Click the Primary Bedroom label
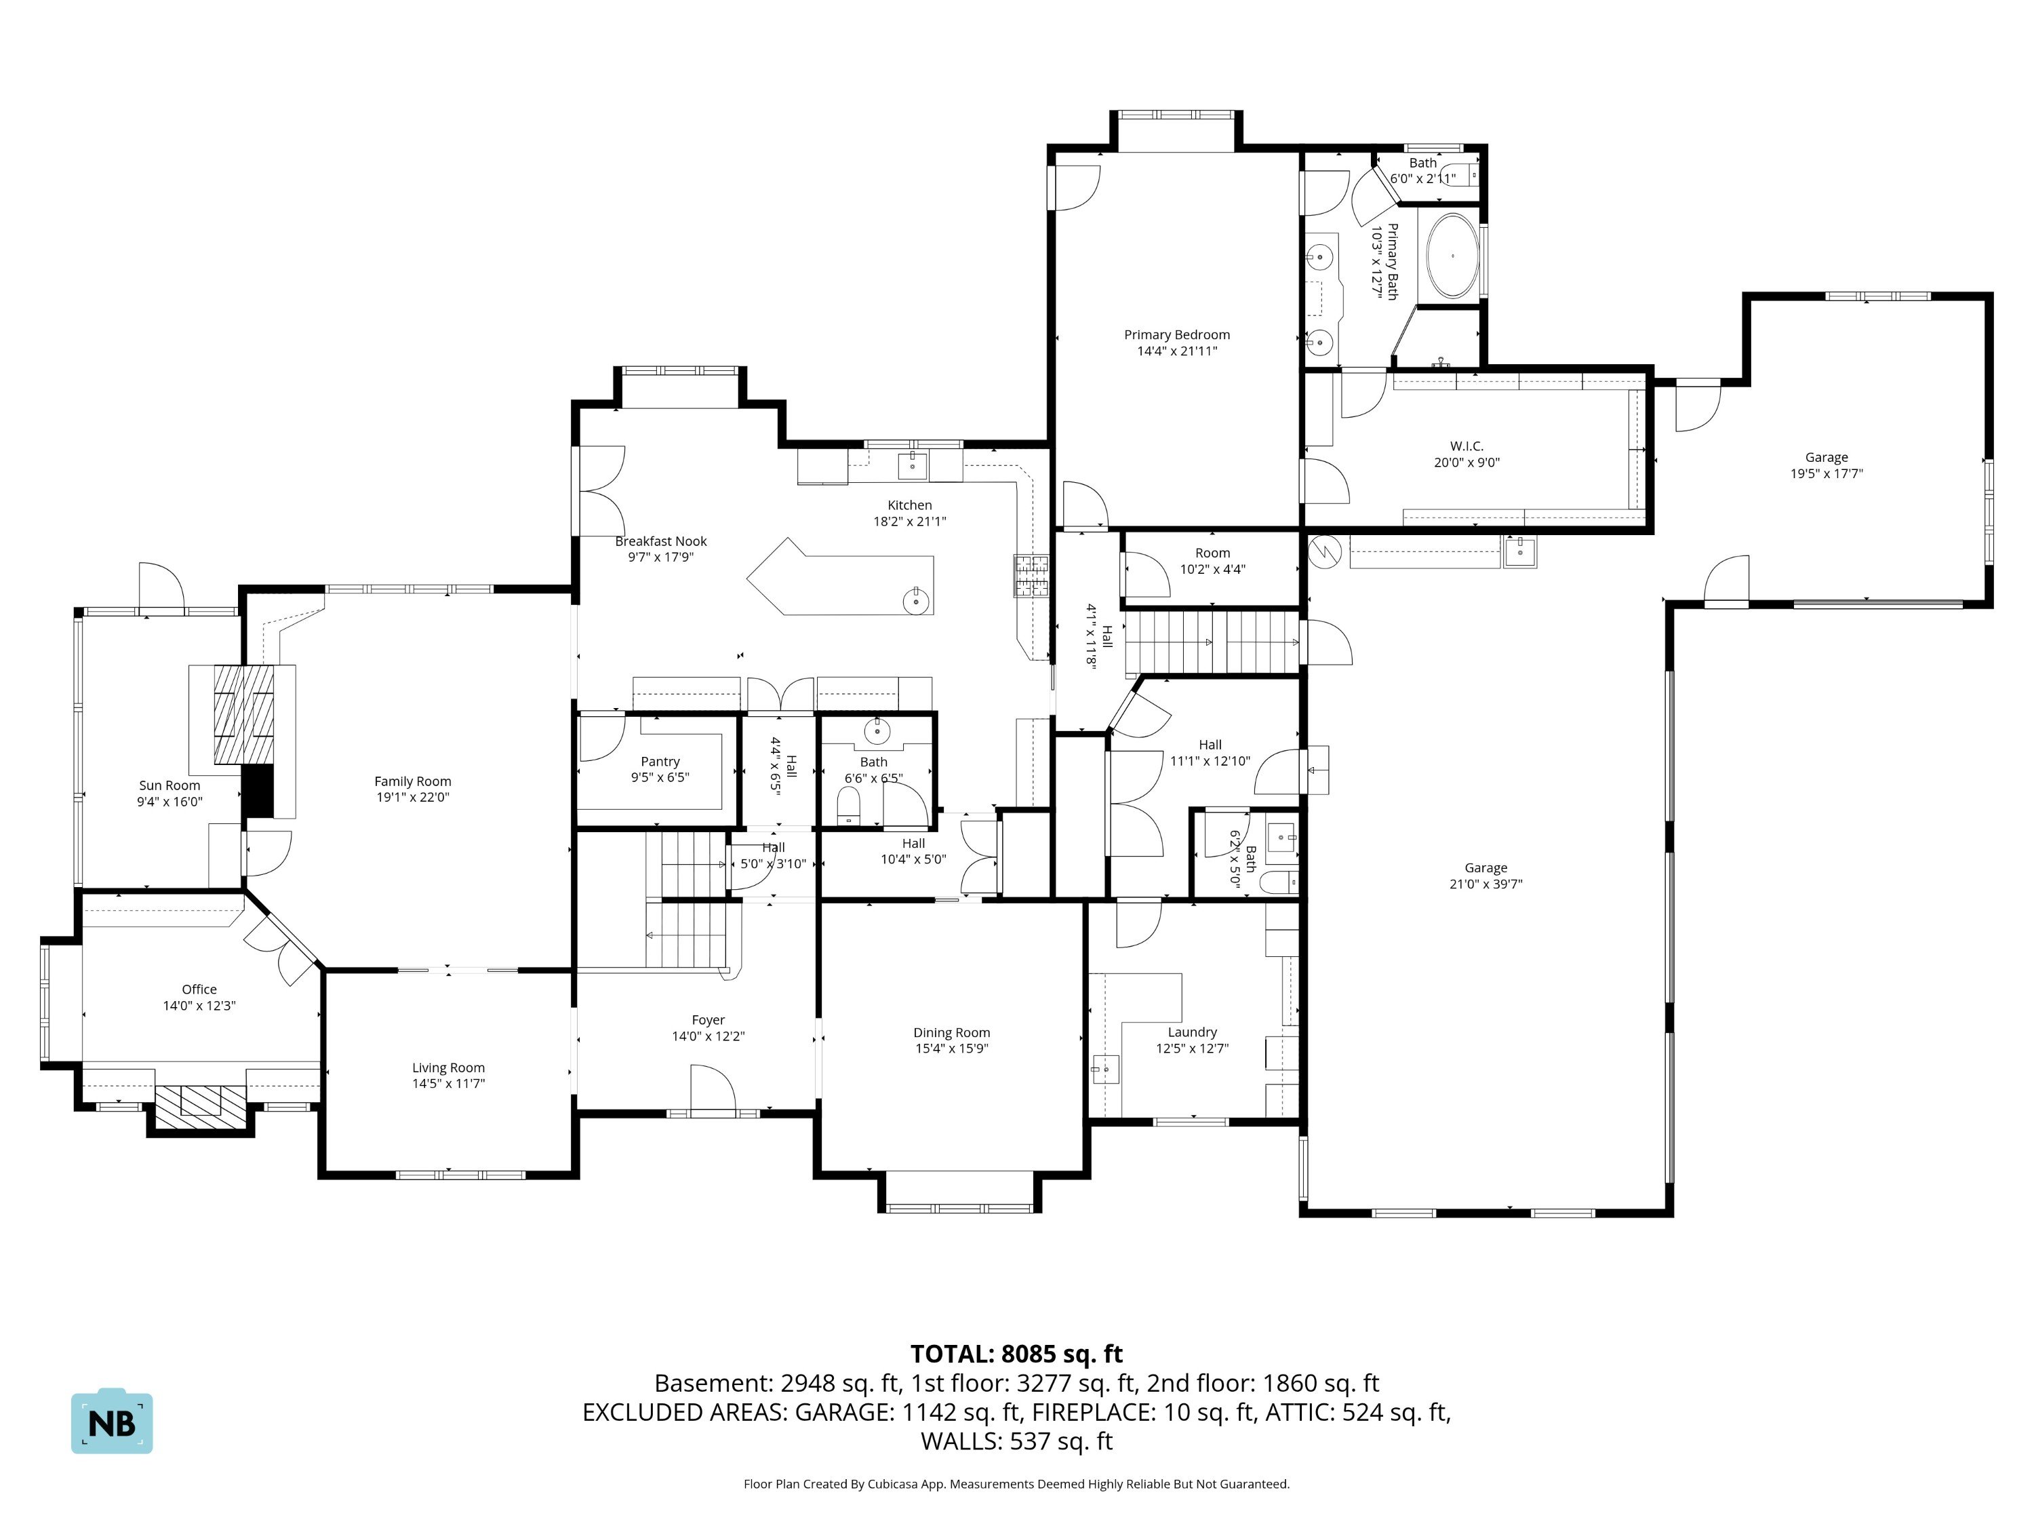[x=1176, y=335]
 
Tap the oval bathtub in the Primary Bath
[x=1452, y=256]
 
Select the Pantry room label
[x=660, y=762]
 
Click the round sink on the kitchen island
[x=916, y=602]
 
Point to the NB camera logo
[x=112, y=1421]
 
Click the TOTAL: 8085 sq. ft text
[x=1016, y=1354]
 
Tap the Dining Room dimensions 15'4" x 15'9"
[x=952, y=1048]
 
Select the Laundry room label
[x=1193, y=1032]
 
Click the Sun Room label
[x=170, y=785]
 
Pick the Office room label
[x=199, y=990]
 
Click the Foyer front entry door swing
[x=713, y=1090]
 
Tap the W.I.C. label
[x=1467, y=447]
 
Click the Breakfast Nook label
[x=661, y=542]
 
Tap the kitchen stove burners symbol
[x=1032, y=576]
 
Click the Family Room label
[x=413, y=782]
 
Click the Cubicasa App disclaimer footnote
[x=1016, y=1484]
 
